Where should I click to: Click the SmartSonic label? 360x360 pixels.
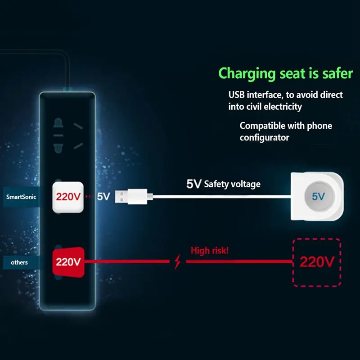(21, 197)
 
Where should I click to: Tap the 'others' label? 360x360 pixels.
(19, 262)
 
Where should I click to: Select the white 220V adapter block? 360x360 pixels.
(68, 197)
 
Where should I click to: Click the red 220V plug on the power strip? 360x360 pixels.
(68, 262)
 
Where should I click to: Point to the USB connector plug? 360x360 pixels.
(134, 197)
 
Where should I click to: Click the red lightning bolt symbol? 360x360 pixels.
(177, 261)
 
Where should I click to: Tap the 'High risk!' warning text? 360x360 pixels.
(210, 250)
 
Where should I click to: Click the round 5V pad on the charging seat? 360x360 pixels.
(319, 196)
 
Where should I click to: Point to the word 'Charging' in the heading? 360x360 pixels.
(247, 74)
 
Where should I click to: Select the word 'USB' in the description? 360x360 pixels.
(237, 94)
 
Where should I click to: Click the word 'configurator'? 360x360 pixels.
(265, 138)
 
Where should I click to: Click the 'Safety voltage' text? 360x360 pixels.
(232, 184)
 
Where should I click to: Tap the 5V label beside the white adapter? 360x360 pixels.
(103, 197)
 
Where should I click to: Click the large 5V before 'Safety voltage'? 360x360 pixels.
(194, 184)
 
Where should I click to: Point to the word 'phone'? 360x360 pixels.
(319, 126)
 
